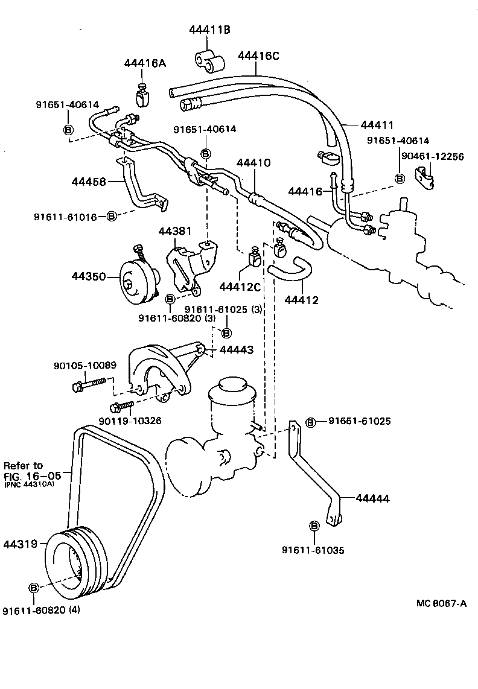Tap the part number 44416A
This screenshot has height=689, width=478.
coord(144,63)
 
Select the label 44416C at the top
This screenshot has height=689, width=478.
coord(258,56)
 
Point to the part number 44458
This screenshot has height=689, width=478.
coord(90,181)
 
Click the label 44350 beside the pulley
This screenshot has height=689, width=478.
coord(89,277)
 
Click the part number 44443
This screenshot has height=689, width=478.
coord(236,350)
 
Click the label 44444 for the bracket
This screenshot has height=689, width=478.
coord(372,498)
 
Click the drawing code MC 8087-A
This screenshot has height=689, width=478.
coord(441,604)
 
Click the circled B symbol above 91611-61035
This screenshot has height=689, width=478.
coord(314,526)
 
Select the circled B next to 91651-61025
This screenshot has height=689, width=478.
coord(310,422)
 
